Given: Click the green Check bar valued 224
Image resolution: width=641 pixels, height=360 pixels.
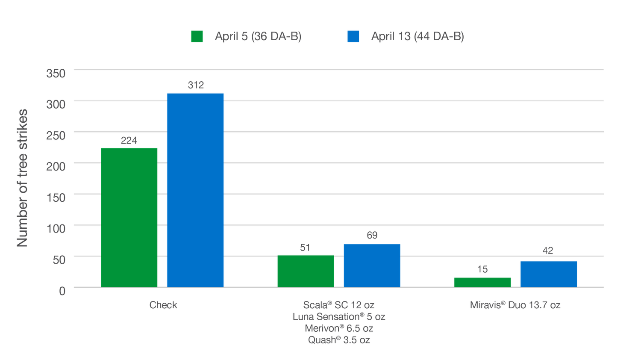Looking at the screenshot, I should [x=129, y=217].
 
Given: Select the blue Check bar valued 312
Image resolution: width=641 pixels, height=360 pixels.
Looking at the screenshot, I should [x=195, y=190].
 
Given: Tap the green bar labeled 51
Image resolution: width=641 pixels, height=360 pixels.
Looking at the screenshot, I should [x=306, y=271].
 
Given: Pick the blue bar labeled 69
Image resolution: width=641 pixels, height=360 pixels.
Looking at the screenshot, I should [x=372, y=265].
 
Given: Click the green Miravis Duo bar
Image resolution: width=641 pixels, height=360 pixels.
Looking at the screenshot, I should [x=482, y=282].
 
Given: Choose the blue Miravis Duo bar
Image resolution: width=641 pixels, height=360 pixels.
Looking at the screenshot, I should [x=549, y=274].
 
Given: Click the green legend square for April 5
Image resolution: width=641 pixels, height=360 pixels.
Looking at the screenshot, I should [x=197, y=37].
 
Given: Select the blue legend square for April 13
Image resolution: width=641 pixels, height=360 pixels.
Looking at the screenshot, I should [x=353, y=37].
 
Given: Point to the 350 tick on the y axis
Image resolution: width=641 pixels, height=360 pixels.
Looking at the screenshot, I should [x=56, y=73].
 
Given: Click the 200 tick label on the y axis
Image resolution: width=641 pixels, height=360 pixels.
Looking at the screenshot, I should [x=56, y=166].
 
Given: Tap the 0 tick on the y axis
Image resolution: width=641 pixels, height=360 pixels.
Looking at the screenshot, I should [x=62, y=291].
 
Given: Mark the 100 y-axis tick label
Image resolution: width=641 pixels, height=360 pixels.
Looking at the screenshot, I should [x=56, y=228].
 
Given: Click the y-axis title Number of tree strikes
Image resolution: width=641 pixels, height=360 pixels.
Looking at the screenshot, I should [x=22, y=178].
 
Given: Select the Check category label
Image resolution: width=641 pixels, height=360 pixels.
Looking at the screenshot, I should [x=163, y=305].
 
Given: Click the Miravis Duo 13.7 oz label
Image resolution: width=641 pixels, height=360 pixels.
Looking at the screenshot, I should [x=515, y=305].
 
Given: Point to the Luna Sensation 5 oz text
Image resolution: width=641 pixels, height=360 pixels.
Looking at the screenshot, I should [x=338, y=317].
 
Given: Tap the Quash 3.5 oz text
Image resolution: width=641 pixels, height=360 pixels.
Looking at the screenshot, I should [x=338, y=340].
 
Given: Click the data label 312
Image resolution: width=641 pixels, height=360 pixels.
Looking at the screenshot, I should [x=196, y=85].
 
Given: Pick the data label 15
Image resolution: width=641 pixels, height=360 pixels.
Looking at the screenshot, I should [x=482, y=269].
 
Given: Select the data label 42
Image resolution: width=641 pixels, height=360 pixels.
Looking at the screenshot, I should [x=548, y=251].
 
